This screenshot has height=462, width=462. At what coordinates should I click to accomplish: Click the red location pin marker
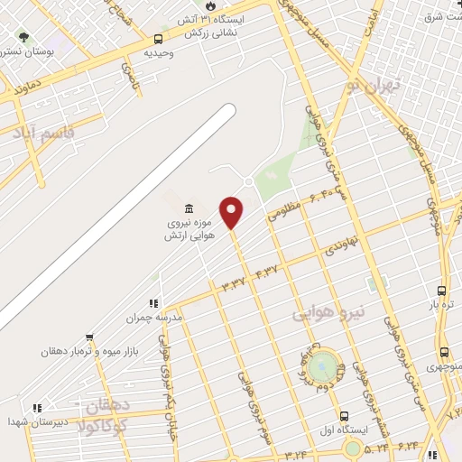click(x=232, y=213)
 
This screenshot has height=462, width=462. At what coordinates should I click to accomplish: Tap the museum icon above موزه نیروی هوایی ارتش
click(x=189, y=207)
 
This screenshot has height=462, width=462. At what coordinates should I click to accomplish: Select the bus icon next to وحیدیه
click(x=159, y=39)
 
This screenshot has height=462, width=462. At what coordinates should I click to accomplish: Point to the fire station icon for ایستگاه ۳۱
click(x=210, y=5)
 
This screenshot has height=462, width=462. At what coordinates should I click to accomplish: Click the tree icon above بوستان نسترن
click(x=23, y=39)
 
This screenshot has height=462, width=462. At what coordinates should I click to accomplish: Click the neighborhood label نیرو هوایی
click(x=328, y=311)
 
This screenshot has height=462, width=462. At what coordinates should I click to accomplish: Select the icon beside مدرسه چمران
click(x=153, y=304)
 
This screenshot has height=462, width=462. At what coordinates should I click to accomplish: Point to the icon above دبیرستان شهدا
click(x=36, y=408)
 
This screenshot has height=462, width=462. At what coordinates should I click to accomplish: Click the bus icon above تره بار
click(x=441, y=290)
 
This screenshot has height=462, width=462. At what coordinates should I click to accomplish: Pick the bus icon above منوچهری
click(x=443, y=353)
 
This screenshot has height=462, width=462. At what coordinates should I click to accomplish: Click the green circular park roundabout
click(x=322, y=368)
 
